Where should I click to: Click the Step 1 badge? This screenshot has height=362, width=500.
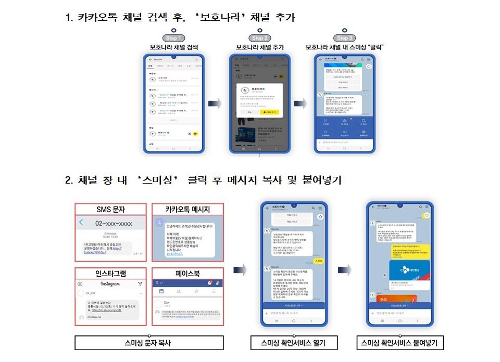coord(173,38)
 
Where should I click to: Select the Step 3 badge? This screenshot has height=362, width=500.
coord(343,38)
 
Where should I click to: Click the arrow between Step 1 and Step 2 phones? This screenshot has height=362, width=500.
coord(215,104)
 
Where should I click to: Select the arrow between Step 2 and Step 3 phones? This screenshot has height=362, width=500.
coord(301,104)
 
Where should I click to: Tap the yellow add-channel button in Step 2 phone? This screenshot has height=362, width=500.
coord(270,111)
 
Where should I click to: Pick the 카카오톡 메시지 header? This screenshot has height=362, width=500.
coord(187,209)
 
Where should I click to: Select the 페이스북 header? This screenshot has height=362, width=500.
coord(187,273)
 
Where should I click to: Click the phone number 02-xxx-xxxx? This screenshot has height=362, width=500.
coord(114,223)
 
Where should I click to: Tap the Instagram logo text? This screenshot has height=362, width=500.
coord(110,284)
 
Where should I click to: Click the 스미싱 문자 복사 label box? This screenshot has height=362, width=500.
coord(149,343)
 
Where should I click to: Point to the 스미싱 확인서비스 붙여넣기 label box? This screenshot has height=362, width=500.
coord(399,343)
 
